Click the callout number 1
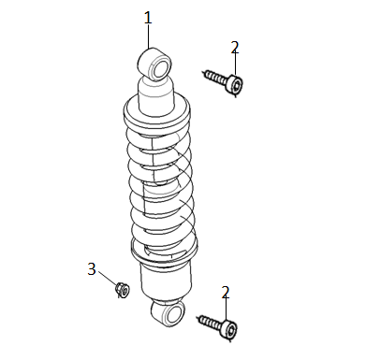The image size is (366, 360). (x=148, y=18)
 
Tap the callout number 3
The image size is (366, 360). (x=92, y=269)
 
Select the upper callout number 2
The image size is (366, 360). (x=235, y=47)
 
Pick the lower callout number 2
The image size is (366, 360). (x=226, y=292)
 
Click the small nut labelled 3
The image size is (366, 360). (x=123, y=290)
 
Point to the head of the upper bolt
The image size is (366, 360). (x=235, y=84)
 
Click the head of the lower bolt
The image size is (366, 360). (x=228, y=328)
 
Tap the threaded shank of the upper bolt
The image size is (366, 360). (x=215, y=77)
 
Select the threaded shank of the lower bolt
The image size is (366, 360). (x=209, y=322)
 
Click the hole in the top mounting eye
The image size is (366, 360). (x=160, y=69)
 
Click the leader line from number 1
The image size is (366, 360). (x=148, y=36)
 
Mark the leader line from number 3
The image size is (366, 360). (x=108, y=278)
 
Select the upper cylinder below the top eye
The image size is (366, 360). (x=155, y=96)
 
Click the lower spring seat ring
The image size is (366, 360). (x=164, y=252)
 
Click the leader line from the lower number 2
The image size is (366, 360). (x=226, y=310)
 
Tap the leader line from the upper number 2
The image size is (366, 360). (x=235, y=65)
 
